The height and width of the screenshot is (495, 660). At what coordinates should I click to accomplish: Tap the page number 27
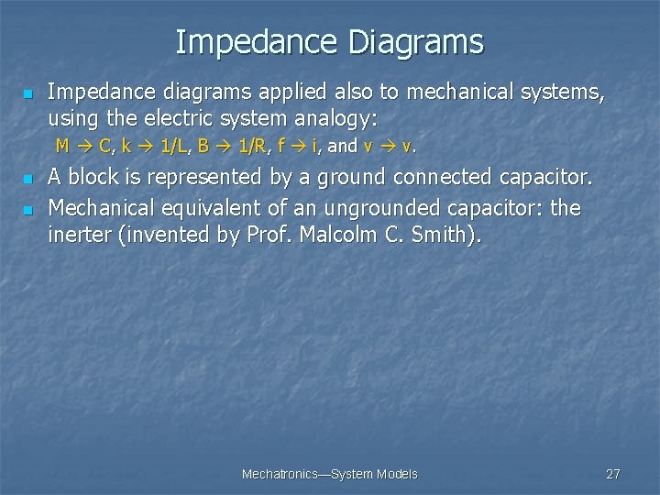click(613, 474)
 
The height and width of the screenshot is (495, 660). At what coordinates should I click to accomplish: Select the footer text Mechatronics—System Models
click(329, 474)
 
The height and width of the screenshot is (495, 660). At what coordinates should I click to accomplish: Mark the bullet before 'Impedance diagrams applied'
click(27, 94)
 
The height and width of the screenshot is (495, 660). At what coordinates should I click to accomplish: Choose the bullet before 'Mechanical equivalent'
click(27, 210)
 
